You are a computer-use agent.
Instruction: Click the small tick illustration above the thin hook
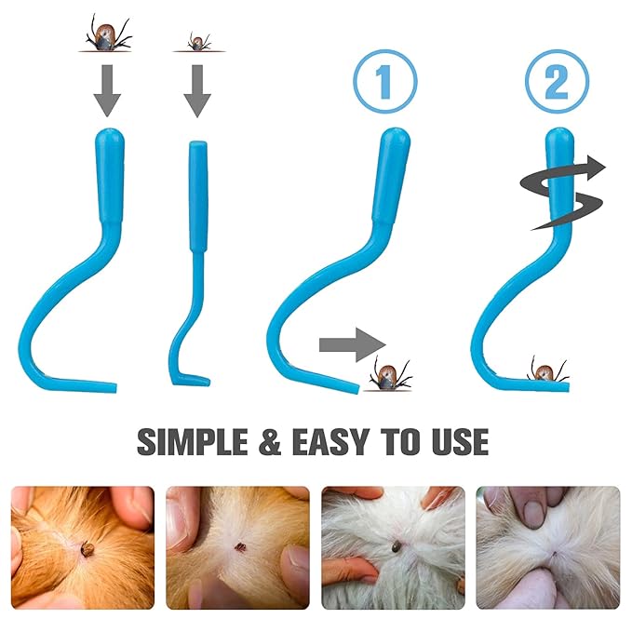point(198,42)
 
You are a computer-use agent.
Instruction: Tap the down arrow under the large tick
point(107,90)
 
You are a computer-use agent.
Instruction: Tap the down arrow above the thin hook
point(197,91)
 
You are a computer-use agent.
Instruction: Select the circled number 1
point(385,83)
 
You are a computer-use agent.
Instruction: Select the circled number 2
point(557,82)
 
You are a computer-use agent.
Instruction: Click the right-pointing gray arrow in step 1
point(353,345)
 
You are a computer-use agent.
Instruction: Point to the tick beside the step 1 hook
point(389,375)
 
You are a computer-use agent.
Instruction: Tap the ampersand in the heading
point(270,442)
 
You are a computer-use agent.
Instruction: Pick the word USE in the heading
point(461,442)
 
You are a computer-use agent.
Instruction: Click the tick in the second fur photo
point(241,547)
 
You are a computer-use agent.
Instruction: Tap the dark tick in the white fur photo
point(397,547)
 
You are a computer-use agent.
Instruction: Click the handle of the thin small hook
point(198,196)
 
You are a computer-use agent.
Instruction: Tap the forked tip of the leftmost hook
point(114,388)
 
